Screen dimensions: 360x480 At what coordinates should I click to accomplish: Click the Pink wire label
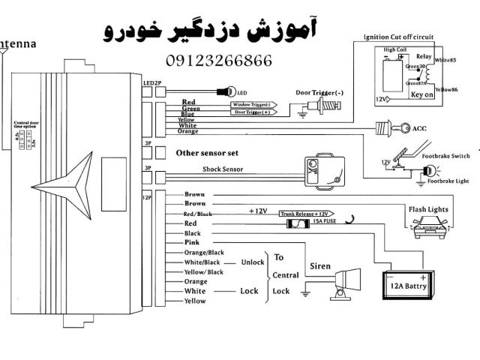point(192,243)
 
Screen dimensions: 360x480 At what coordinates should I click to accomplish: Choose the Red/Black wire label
point(197,214)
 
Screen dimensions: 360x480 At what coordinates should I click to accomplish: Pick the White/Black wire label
point(202,262)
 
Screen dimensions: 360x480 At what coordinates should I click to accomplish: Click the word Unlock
point(253,262)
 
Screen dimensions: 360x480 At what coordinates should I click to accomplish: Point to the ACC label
point(419,129)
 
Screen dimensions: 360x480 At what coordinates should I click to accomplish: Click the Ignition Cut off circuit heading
point(399,36)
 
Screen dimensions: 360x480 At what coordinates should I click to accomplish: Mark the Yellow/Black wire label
point(204,271)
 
